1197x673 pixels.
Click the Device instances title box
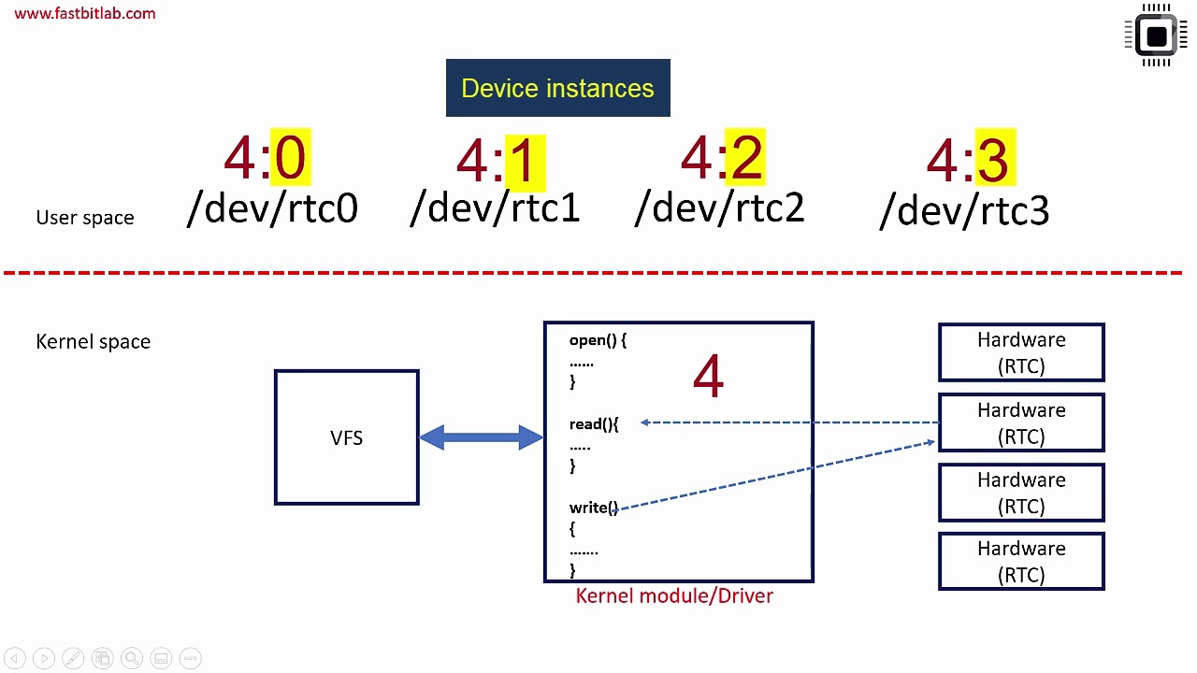557,88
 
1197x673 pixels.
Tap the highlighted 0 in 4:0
290,157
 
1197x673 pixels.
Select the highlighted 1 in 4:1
524,162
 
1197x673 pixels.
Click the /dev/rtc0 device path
272,208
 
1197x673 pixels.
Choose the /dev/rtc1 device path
495,208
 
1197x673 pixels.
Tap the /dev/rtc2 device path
719,208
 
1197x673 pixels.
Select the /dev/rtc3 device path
964,211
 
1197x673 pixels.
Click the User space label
85,218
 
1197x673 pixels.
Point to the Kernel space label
93,342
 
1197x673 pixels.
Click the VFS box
346,437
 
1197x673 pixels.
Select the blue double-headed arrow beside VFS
481,437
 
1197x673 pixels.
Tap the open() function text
597,341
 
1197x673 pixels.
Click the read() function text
593,424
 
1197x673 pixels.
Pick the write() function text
593,508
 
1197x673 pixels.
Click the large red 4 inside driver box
708,377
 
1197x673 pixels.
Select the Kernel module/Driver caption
674,596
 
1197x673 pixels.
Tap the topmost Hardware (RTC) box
1021,352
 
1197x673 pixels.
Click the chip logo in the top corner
1156,36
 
